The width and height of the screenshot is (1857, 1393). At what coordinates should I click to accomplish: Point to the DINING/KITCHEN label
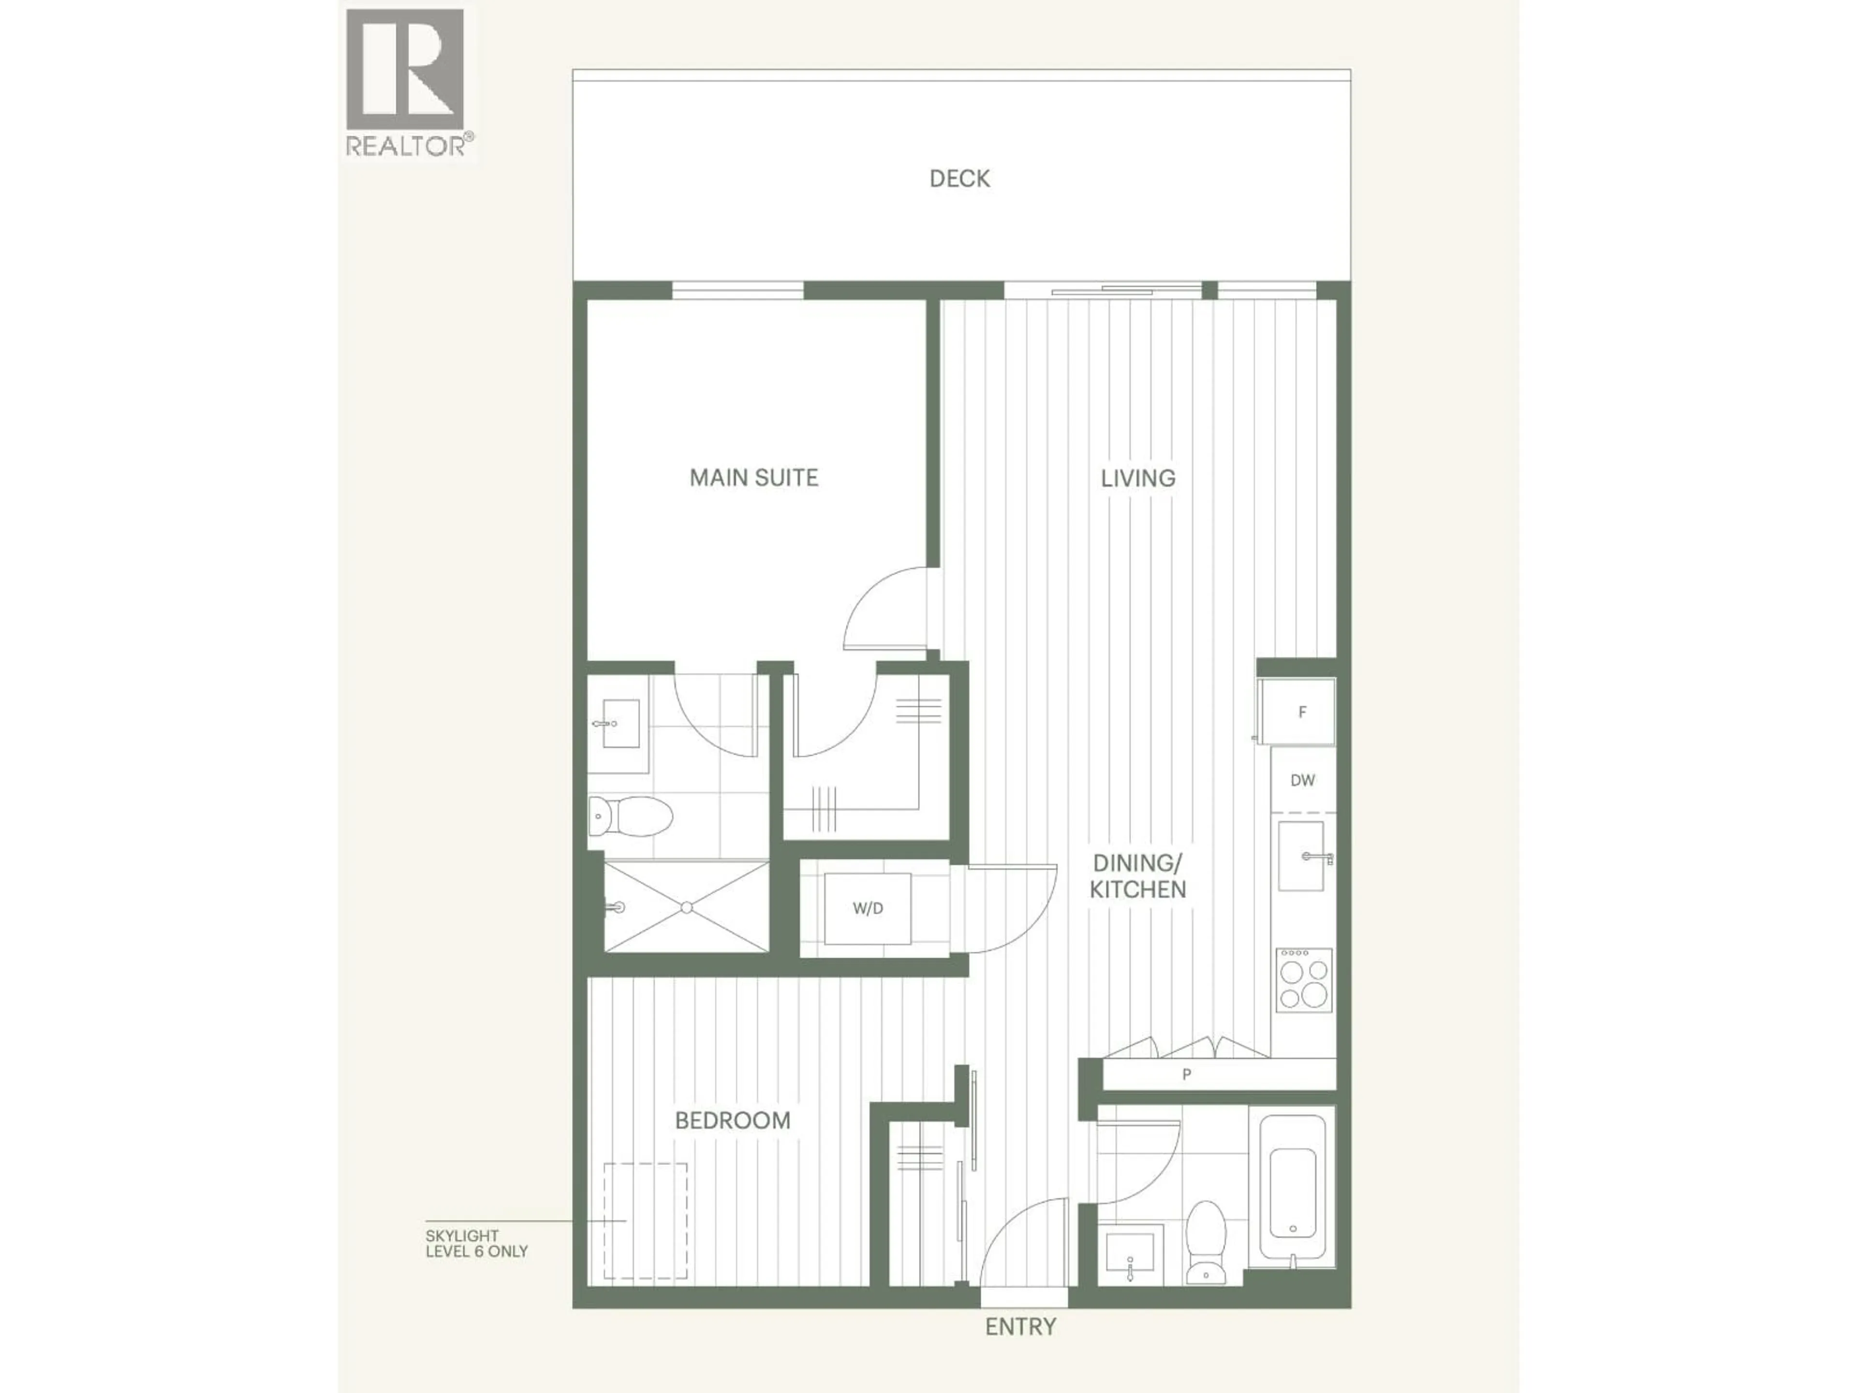click(1137, 876)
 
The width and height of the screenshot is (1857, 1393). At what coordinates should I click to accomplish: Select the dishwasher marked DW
click(1302, 780)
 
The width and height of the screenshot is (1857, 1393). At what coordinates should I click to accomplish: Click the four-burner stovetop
click(1304, 980)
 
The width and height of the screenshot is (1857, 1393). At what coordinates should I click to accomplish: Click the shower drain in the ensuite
click(687, 907)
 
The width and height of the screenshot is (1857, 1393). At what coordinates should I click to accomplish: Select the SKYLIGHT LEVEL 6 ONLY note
click(476, 1244)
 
